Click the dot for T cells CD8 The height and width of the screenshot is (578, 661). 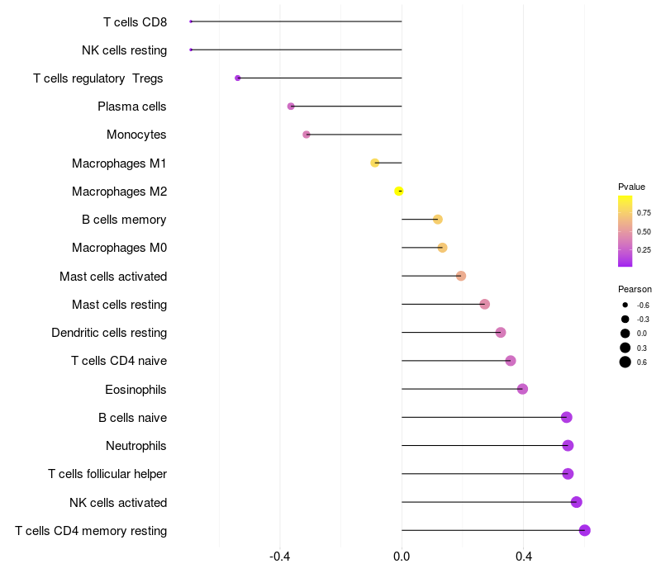click(x=191, y=21)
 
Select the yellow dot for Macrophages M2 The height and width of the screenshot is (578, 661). click(x=399, y=192)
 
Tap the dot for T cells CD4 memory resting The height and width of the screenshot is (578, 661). click(x=585, y=530)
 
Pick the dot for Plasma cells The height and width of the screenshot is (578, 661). click(x=291, y=107)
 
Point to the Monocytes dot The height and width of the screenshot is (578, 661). click(x=307, y=135)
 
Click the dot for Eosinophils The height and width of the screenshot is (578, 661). click(x=523, y=389)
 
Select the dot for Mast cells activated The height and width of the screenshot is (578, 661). click(x=461, y=276)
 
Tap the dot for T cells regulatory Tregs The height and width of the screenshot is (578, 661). click(x=238, y=78)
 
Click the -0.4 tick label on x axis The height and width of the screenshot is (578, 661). click(x=280, y=557)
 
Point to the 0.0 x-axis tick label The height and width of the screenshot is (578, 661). click(x=402, y=557)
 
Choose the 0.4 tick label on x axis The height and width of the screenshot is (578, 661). click(x=524, y=557)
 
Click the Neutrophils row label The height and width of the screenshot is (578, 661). click(x=136, y=446)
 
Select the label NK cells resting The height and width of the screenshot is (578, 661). click(x=125, y=50)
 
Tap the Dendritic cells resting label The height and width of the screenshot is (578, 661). click(x=109, y=333)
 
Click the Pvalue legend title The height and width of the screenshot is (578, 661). click(x=631, y=187)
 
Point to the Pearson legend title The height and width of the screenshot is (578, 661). click(x=635, y=289)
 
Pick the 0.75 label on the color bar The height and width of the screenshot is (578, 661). click(x=644, y=213)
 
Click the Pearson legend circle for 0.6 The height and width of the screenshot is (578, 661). click(x=625, y=362)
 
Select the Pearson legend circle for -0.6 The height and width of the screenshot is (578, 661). click(x=625, y=305)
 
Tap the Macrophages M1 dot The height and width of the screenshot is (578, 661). click(x=375, y=163)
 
